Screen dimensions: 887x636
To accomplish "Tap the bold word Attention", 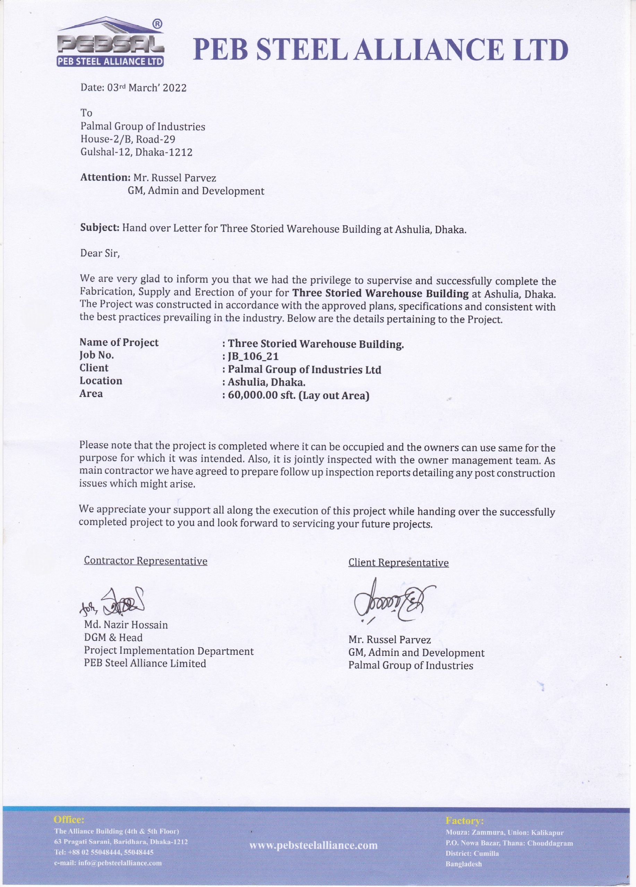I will pos(105,177).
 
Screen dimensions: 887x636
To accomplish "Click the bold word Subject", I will pos(100,228).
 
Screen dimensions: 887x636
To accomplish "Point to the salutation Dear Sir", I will pos(100,253).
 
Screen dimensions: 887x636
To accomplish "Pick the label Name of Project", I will pos(119,343).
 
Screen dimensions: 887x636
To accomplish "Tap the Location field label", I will pos(101,381).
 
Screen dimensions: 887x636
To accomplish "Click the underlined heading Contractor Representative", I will pos(146,561).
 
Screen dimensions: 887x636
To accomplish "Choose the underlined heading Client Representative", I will pos(398,563).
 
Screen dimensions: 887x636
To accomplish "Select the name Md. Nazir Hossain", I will pos(126,625).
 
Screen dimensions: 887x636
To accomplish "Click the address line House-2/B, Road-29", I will pos(128,139).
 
